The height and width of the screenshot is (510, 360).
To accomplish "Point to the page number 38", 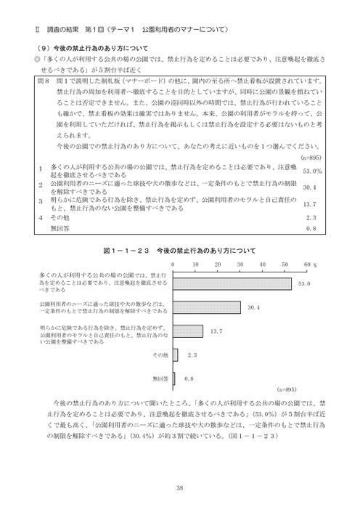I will [x=179, y=487].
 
